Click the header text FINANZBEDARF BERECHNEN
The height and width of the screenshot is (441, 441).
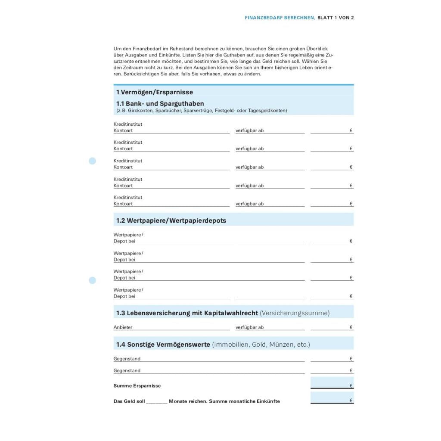click(x=280, y=18)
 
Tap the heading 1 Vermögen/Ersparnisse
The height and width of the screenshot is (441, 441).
click(x=154, y=92)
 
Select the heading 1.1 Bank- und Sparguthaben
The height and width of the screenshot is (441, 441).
click(x=160, y=104)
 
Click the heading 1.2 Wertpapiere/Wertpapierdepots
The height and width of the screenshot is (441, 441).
click(x=171, y=220)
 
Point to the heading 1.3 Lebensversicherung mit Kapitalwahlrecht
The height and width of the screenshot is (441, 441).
click(x=187, y=313)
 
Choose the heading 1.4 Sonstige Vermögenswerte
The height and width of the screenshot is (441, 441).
click(x=163, y=345)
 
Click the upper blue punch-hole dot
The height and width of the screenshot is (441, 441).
click(x=92, y=161)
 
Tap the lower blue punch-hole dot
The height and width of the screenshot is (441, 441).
click(x=92, y=280)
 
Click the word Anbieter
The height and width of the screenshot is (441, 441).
click(x=123, y=327)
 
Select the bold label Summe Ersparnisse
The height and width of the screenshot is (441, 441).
click(x=137, y=386)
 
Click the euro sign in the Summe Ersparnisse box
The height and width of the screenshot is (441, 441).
click(x=351, y=386)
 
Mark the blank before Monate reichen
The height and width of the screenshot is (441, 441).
click(x=156, y=401)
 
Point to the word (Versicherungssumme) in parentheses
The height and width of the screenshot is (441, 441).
click(x=295, y=313)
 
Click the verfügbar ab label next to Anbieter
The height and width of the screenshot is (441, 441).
click(x=249, y=327)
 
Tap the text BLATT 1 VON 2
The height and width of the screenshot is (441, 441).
click(x=335, y=18)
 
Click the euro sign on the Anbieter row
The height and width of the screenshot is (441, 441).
click(x=351, y=327)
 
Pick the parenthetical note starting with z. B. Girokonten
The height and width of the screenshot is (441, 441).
click(x=201, y=111)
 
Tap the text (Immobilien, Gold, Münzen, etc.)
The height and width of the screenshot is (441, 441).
click(x=261, y=345)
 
